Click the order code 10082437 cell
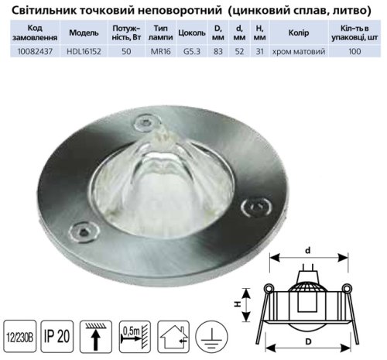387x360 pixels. coord(35,51)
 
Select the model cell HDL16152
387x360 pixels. coord(84,51)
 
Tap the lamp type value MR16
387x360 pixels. coord(161,51)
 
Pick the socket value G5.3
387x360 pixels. coord(192,51)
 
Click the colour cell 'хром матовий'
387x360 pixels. coord(299,51)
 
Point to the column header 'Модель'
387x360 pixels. coord(84,33)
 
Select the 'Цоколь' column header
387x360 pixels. coord(192,33)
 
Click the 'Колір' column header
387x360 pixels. coord(299,33)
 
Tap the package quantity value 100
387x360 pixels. coord(354,51)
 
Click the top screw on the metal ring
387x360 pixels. coord(146,123)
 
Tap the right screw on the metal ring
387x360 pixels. coord(256,207)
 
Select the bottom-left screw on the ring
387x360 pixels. coord(84,231)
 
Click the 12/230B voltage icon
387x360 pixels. coord(20,336)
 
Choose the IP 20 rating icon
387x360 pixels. coord(57,336)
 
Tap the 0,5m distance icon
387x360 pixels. coord(135,337)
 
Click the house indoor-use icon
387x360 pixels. coord(173,337)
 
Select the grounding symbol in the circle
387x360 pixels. coord(211,337)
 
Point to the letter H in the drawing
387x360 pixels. coord(238,304)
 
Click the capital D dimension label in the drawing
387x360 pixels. coord(308,341)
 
